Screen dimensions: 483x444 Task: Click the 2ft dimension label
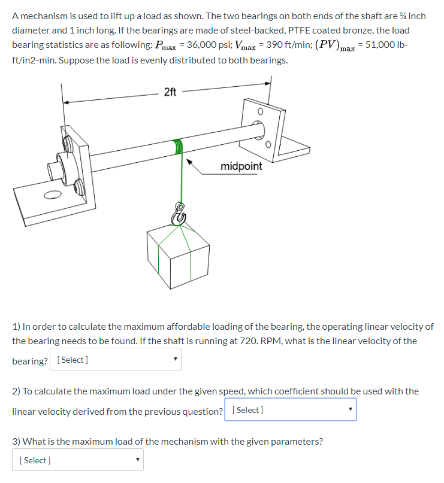tap(170, 92)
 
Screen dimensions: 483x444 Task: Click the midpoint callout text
tap(241, 166)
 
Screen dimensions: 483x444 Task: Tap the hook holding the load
tap(179, 212)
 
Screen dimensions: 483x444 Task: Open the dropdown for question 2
tap(290, 410)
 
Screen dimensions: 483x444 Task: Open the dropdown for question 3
tap(77, 460)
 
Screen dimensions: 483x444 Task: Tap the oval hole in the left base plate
tap(52, 194)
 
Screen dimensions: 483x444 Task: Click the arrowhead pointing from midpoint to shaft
tap(190, 161)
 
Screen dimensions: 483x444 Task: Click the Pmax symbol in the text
tap(165, 47)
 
